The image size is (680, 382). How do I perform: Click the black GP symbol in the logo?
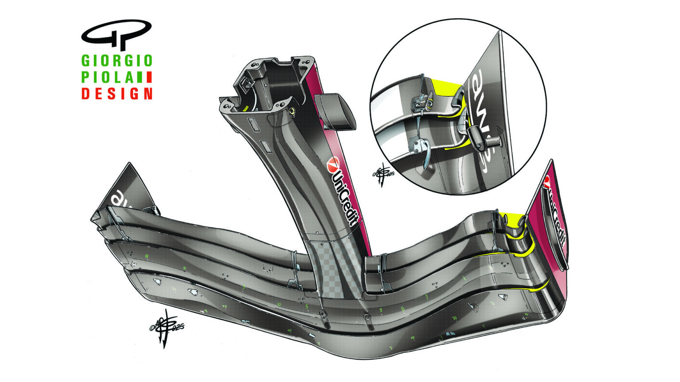[x=116, y=34]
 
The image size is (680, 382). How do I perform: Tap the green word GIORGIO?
[x=117, y=61]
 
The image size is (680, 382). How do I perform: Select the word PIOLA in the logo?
[x=108, y=77]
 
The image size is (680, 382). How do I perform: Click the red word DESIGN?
[x=117, y=94]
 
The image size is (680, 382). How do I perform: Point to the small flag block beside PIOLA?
[x=145, y=77]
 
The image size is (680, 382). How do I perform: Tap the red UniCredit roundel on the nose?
[x=332, y=164]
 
